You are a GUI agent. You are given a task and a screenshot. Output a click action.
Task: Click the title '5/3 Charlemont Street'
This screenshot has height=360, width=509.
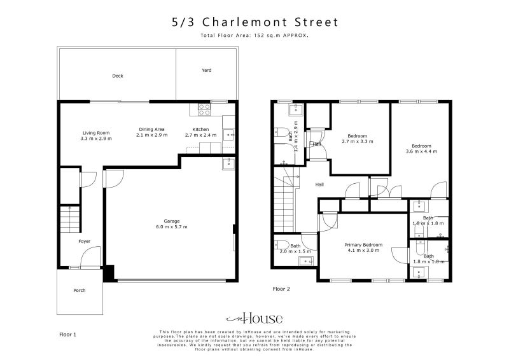(x=254, y=22)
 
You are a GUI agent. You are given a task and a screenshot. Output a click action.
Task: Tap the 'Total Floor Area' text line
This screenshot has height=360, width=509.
(x=254, y=36)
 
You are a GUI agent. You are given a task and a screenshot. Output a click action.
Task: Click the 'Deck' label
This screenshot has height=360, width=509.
(x=118, y=76)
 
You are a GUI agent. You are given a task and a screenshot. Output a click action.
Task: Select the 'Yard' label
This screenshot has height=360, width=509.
(x=206, y=70)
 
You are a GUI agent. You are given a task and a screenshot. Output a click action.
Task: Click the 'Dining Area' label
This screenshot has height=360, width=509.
(x=153, y=129)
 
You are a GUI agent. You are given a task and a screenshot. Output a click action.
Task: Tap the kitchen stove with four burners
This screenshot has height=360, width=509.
(x=205, y=109)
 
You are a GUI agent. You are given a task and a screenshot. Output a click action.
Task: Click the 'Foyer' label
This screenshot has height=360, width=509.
(x=84, y=241)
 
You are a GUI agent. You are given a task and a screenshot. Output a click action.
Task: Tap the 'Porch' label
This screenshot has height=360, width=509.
(x=79, y=290)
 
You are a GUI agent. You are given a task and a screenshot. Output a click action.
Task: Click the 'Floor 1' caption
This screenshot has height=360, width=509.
(x=67, y=333)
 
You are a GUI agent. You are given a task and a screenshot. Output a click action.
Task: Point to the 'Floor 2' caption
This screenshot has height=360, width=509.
(x=281, y=289)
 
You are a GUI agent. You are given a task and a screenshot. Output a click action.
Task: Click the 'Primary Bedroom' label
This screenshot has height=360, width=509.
(x=363, y=245)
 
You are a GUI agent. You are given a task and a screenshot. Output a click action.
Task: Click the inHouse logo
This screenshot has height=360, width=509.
(x=254, y=319)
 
